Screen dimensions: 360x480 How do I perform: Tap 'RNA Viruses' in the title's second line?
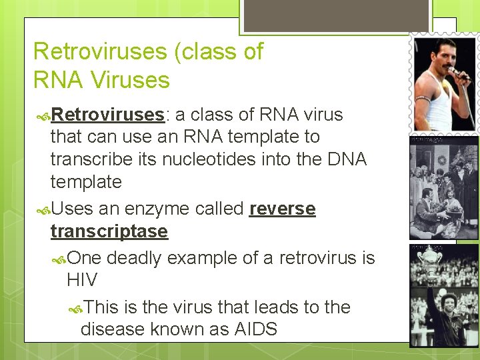pyautogui.click(x=101, y=80)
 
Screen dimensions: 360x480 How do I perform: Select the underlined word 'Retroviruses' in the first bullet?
pyautogui.click(x=107, y=115)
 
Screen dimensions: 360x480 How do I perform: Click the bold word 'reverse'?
pyautogui.click(x=282, y=209)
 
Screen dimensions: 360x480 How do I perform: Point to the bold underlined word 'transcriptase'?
pyautogui.click(x=109, y=231)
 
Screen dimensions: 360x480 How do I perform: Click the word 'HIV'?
pyautogui.click(x=82, y=280)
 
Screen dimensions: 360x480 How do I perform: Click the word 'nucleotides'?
pyautogui.click(x=222, y=159)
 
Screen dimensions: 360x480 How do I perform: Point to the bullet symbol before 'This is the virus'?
pyautogui.click(x=76, y=308)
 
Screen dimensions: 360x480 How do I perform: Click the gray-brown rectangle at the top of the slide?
pyautogui.click(x=336, y=15)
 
